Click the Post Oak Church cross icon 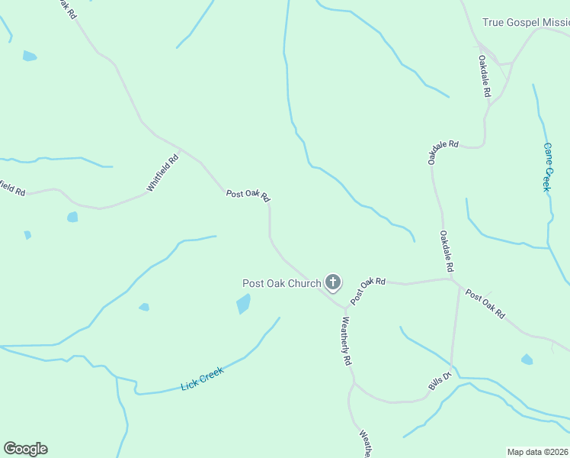[332, 282]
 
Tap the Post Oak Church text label [282, 284]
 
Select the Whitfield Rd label [162, 173]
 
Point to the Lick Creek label [202, 379]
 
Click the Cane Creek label [546, 166]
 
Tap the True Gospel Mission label [526, 23]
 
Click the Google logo [25, 449]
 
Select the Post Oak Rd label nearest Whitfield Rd [248, 195]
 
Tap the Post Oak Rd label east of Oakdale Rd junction [485, 304]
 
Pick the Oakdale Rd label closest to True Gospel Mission [485, 75]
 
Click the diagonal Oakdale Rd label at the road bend [443, 151]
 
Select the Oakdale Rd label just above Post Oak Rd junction [447, 252]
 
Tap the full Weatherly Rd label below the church [346, 340]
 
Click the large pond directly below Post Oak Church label [243, 304]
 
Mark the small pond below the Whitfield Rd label [72, 217]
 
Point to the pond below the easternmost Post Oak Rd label [527, 359]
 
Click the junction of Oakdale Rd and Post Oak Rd [454, 280]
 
